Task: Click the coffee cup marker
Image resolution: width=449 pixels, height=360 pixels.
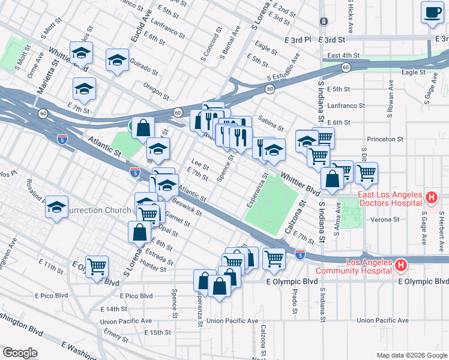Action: pyautogui.click(x=431, y=13)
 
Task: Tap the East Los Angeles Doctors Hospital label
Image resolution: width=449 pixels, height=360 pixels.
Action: pyautogui.click(x=390, y=198)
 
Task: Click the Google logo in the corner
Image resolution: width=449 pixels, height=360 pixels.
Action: pyautogui.click(x=20, y=353)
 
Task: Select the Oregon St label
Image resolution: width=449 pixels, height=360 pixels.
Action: pyautogui.click(x=157, y=91)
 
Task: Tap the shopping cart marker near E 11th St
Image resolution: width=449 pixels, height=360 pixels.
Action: pyautogui.click(x=97, y=266)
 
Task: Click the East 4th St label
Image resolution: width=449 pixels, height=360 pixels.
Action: pyautogui.click(x=340, y=55)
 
